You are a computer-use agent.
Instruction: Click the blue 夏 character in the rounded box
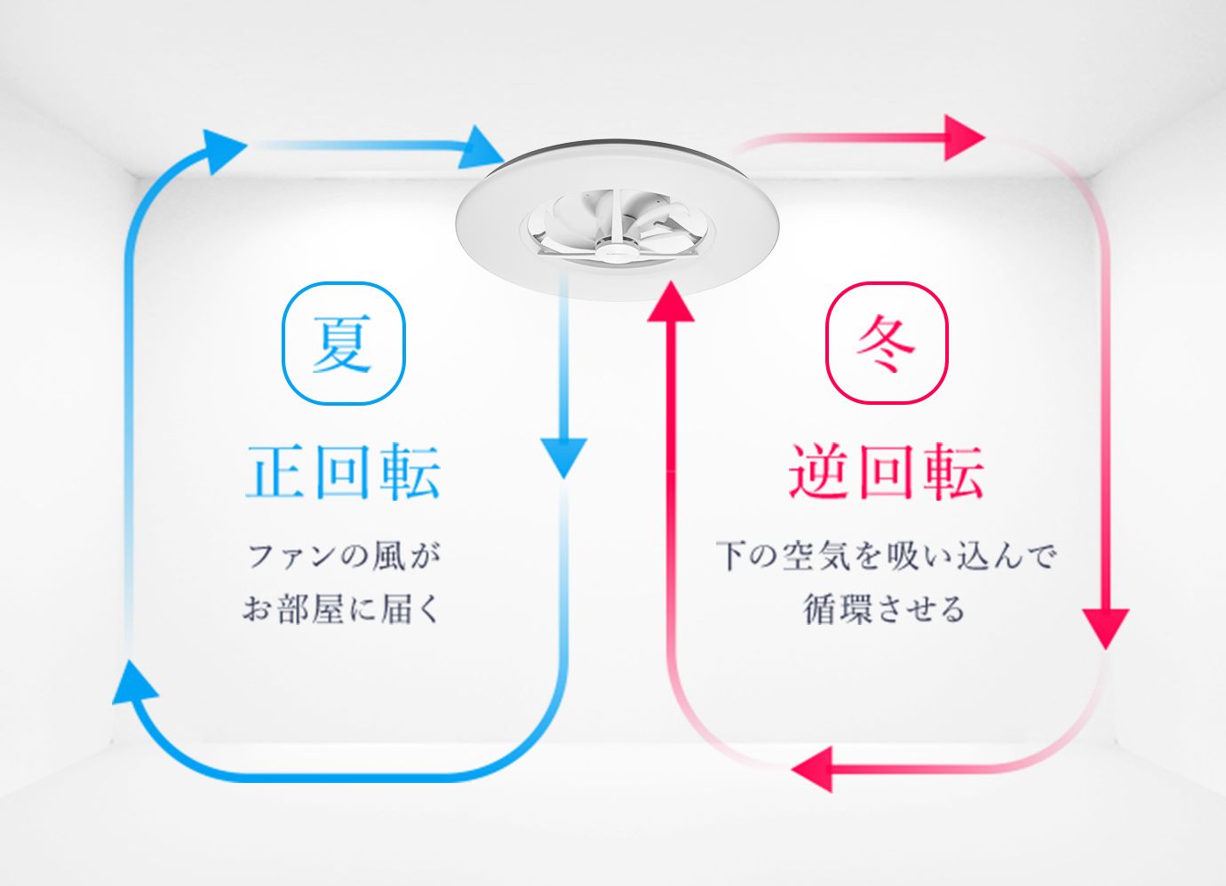coord(343,344)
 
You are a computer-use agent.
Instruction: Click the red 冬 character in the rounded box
coord(886,344)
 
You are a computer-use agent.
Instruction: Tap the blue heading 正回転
coord(343,471)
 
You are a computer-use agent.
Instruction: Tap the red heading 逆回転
coord(886,471)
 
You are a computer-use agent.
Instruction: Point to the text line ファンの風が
coord(344,557)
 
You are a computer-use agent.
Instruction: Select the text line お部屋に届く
coord(341,609)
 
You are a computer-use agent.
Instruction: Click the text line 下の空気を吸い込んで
coord(886,557)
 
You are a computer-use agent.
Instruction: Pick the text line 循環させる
coord(883,609)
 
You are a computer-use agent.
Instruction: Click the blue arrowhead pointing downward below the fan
coord(564,456)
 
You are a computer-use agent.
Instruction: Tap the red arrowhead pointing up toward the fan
coord(671,304)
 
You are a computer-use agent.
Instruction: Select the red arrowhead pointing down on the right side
coord(1106,628)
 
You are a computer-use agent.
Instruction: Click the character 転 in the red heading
coord(954,471)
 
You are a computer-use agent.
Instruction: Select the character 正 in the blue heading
coord(275,471)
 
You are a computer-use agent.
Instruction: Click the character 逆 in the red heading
coord(818,471)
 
